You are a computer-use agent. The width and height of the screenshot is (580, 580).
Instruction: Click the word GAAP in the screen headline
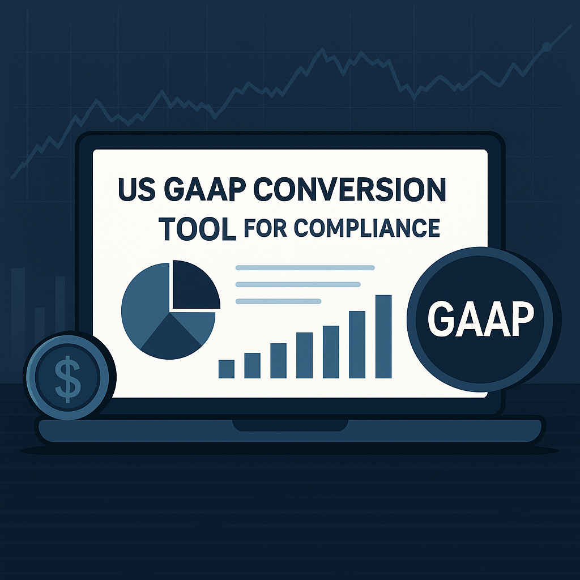click(200, 190)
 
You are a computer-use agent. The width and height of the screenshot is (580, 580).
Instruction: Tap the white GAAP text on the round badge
click(480, 319)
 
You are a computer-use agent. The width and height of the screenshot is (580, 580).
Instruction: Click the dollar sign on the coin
click(67, 378)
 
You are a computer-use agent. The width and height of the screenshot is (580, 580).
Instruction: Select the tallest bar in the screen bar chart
click(383, 336)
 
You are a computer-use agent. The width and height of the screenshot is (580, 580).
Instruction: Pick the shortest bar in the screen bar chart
click(227, 369)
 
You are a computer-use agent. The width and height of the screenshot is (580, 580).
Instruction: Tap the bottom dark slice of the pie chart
click(170, 339)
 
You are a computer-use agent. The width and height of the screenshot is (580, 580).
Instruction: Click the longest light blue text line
click(305, 267)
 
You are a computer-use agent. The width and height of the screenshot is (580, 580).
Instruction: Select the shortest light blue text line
click(278, 301)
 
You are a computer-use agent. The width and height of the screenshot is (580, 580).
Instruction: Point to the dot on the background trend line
click(546, 46)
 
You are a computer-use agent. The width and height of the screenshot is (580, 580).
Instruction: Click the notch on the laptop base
click(291, 425)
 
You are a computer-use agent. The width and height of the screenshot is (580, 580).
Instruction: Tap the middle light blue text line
click(298, 284)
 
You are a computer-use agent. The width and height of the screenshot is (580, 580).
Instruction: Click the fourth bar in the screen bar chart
click(304, 356)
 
